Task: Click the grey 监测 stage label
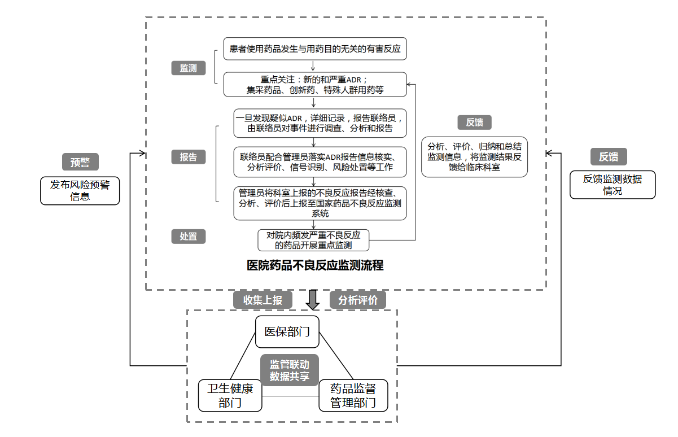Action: [x=189, y=69]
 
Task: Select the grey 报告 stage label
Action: [x=189, y=157]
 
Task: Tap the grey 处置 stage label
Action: [x=189, y=237]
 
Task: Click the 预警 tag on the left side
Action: [x=80, y=162]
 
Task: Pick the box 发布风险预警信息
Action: [x=80, y=191]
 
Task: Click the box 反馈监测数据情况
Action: [x=613, y=185]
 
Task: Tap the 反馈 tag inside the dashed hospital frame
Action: [x=474, y=123]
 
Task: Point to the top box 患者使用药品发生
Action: [x=315, y=49]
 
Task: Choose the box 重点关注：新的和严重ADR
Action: [x=315, y=84]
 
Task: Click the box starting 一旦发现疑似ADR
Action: [x=320, y=123]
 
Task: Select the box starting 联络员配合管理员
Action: [x=320, y=161]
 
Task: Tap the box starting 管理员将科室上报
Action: [x=320, y=203]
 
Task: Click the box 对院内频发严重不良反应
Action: [x=313, y=240]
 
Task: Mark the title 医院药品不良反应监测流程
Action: [x=315, y=265]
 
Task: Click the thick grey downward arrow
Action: [x=312, y=300]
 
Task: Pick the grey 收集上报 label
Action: [x=263, y=300]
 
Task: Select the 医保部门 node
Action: [x=287, y=331]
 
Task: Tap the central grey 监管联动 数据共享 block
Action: [x=289, y=370]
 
